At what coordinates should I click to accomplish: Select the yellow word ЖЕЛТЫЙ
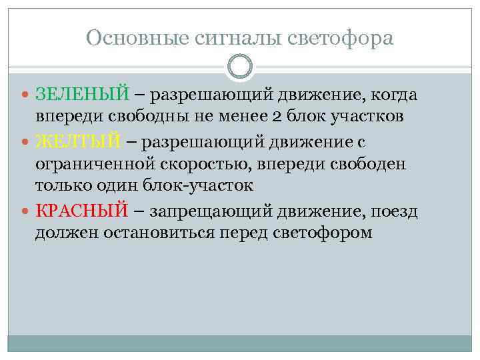point(79,142)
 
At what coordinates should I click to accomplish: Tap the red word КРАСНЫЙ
point(81,211)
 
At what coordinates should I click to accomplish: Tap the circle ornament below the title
point(240,66)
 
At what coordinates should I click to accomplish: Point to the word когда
point(393,95)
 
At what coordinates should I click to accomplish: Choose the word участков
point(367,118)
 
